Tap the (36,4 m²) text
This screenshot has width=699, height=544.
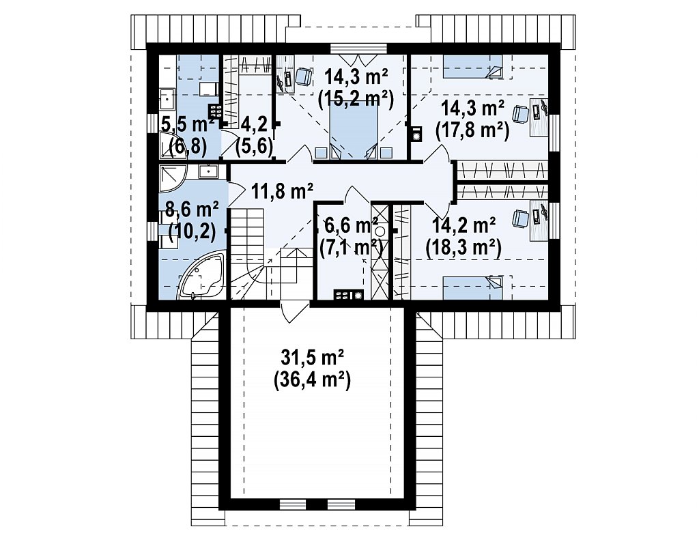coord(311,380)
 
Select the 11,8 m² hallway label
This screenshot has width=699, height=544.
coord(282,191)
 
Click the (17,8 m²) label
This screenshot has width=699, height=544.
coord(472,131)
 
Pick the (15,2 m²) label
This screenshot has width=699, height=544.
coord(356,99)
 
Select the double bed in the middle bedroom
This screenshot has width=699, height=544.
coord(354,132)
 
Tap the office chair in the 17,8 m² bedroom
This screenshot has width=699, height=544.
coord(520,114)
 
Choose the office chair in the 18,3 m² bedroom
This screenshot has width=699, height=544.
coord(520,219)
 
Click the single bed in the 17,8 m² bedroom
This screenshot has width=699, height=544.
coord(473,67)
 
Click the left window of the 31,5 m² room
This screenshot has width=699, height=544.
coord(292,504)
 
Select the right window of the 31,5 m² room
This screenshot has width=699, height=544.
coord(341,504)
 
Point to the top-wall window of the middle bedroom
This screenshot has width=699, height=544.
coord(359,48)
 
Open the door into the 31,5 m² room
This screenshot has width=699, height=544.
coord(294,311)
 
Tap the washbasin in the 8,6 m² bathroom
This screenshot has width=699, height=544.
coord(208,171)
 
